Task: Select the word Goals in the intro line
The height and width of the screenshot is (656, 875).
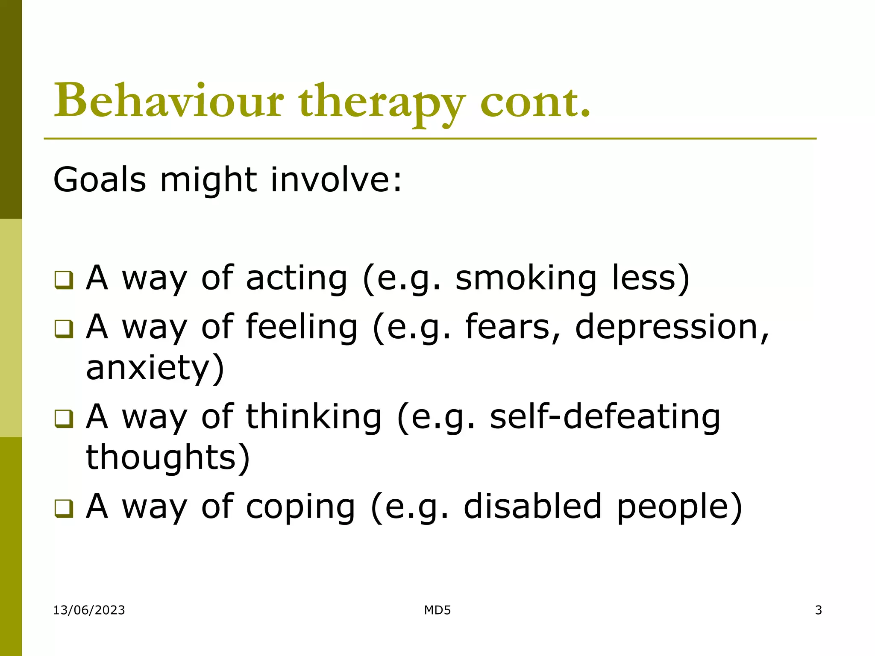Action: pyautogui.click(x=100, y=179)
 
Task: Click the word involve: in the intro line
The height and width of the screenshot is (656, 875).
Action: pyautogui.click(x=336, y=179)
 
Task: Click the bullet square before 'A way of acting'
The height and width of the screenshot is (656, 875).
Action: pyautogui.click(x=64, y=280)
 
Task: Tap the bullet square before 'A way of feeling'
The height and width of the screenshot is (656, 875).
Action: pyautogui.click(x=64, y=329)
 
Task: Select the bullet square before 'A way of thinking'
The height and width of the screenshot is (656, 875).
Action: pyautogui.click(x=64, y=419)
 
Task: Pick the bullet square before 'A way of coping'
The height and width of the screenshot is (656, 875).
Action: pyautogui.click(x=64, y=508)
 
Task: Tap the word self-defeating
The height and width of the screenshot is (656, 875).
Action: pyautogui.click(x=605, y=417)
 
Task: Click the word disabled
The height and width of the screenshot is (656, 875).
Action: pyautogui.click(x=533, y=507)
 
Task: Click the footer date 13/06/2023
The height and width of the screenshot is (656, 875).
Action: pyautogui.click(x=89, y=610)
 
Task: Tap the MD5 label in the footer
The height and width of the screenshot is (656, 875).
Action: pyautogui.click(x=437, y=610)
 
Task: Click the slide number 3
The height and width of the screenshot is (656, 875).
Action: pyautogui.click(x=818, y=610)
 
